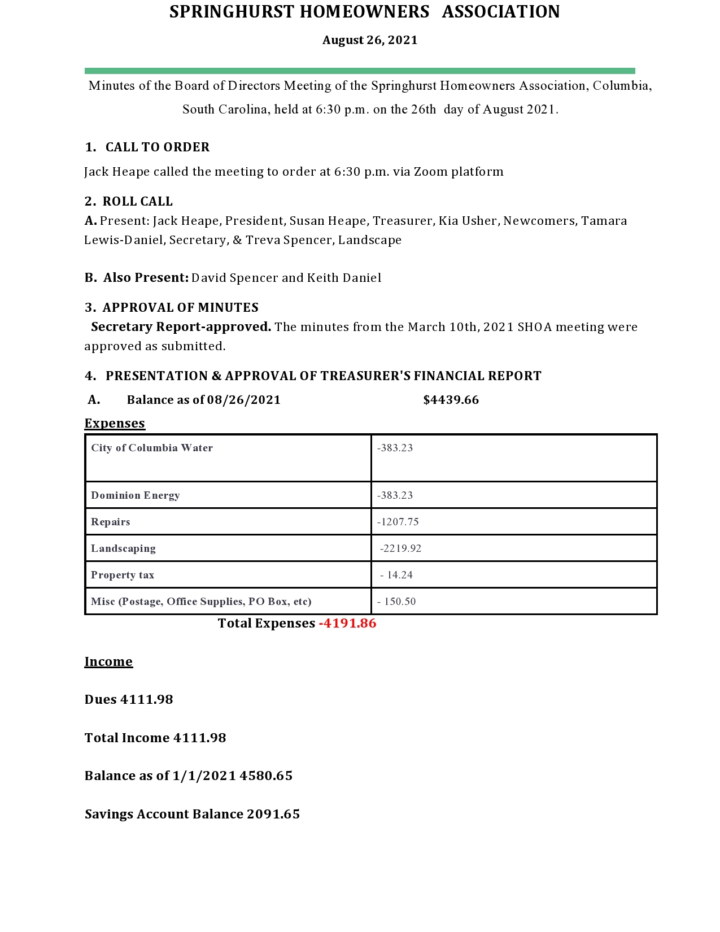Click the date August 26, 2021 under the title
coord(370,40)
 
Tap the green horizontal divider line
coord(360,71)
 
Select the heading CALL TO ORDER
coord(158,147)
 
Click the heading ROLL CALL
coord(137,202)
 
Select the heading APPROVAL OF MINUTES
coord(180,308)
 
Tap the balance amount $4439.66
coord(451,400)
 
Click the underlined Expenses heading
coord(115,424)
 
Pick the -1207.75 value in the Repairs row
coord(398,522)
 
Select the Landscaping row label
coord(123,548)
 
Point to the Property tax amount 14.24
coord(400,575)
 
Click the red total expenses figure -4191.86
coord(347,624)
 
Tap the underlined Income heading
coord(108,662)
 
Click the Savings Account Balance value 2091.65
coord(273,815)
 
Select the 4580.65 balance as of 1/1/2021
coord(266,776)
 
